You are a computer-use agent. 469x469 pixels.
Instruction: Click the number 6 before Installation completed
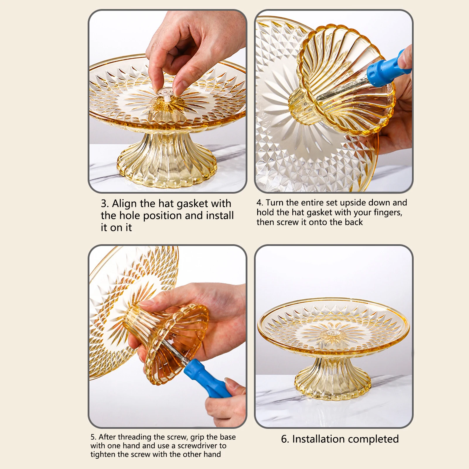(x=284, y=439)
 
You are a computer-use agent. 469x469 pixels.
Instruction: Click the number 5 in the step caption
(x=93, y=437)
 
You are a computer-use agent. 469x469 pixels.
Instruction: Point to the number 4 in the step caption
(x=259, y=203)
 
